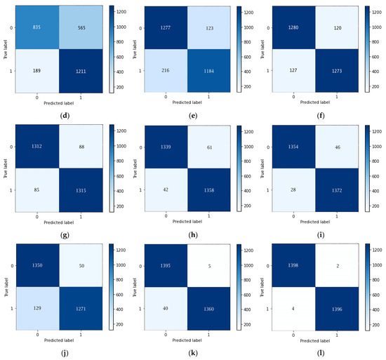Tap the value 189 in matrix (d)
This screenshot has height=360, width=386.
(x=35, y=69)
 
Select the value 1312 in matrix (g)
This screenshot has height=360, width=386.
(x=35, y=147)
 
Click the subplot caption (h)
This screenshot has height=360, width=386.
(x=192, y=229)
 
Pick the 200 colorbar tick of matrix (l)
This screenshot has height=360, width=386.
(x=376, y=326)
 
